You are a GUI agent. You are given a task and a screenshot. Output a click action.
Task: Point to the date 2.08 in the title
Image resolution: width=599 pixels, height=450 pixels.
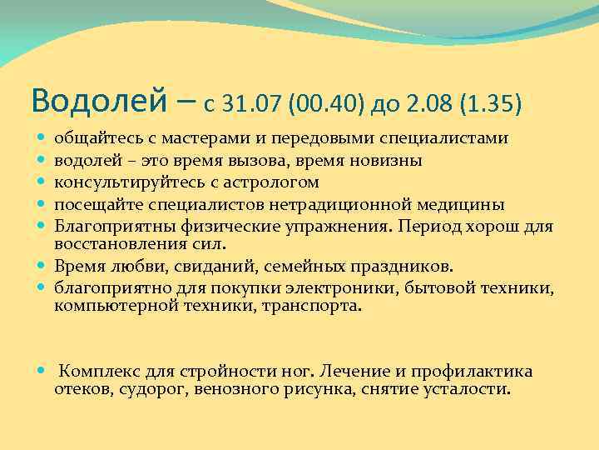429,104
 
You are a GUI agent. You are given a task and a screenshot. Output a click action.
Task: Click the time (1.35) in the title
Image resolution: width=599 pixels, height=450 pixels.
492,104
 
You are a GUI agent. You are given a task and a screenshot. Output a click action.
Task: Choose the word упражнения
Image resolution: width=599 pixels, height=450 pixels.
304,225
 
